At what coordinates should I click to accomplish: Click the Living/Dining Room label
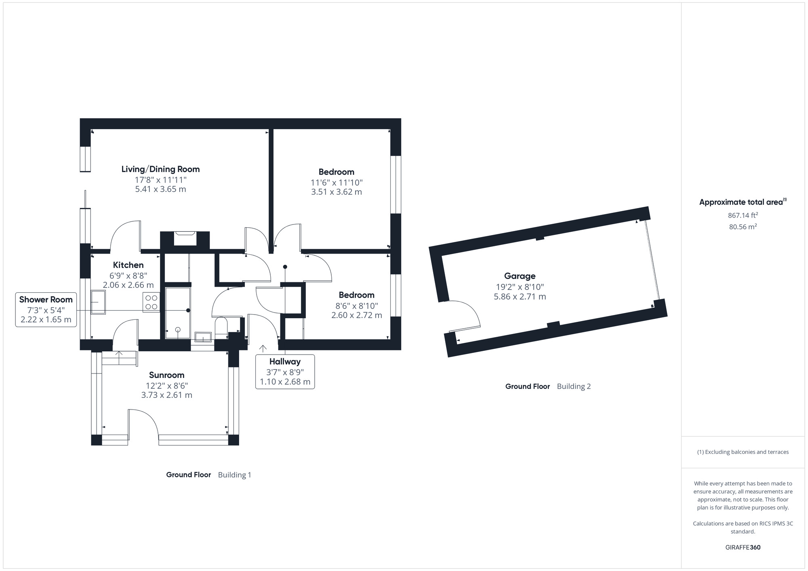click(160, 169)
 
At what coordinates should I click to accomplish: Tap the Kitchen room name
click(128, 265)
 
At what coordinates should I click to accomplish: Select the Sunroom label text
click(166, 375)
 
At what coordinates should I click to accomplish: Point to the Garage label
click(520, 276)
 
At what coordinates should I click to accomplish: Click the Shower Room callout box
click(46, 310)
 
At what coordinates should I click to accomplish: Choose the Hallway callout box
click(285, 372)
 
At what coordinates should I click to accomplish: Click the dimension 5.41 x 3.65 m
click(160, 189)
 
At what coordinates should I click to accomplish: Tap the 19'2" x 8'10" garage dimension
click(520, 287)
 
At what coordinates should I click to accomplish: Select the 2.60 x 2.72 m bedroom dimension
click(356, 315)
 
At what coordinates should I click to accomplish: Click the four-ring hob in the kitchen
click(151, 302)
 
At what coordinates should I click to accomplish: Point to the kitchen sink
click(98, 302)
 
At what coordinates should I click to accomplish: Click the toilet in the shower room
click(221, 327)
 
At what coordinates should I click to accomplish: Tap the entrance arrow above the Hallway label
click(263, 348)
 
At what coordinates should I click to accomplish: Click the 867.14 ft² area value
click(743, 215)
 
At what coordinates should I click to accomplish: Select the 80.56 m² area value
click(743, 227)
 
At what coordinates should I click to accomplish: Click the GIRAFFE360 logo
click(743, 548)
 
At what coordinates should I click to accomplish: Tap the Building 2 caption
click(574, 386)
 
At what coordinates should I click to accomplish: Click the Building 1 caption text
click(234, 475)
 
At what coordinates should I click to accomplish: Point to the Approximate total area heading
click(743, 202)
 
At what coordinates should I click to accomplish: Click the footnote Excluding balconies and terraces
click(743, 452)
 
